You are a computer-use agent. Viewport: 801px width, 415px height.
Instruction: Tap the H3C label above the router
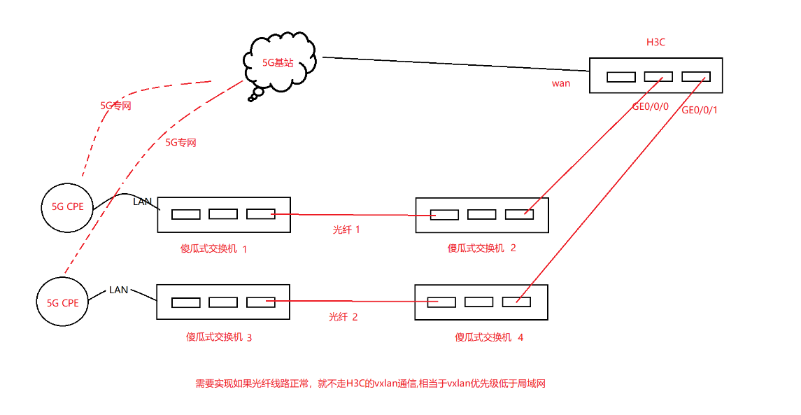[x=655, y=42]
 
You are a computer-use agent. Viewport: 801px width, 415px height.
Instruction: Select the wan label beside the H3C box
[x=561, y=83]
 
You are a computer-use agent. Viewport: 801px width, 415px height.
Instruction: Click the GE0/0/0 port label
[x=651, y=107]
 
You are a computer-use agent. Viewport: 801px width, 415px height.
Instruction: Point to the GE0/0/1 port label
[x=700, y=110]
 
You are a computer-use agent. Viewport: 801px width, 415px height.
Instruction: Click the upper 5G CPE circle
[x=66, y=206]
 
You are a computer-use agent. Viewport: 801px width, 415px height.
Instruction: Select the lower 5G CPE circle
[x=63, y=302]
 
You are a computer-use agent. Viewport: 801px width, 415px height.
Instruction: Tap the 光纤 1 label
[x=346, y=229]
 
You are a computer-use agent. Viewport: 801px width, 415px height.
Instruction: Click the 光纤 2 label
[x=343, y=316]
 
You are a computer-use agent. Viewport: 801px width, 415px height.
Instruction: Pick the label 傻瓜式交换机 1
[x=214, y=248]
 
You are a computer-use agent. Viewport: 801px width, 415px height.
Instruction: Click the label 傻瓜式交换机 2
[x=482, y=248]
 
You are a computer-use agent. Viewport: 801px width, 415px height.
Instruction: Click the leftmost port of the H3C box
[x=621, y=77]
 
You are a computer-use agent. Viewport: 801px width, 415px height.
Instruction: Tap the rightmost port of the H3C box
[x=696, y=76]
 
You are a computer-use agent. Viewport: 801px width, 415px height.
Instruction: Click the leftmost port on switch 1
[x=186, y=214]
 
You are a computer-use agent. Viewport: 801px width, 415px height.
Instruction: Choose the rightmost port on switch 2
[x=520, y=214]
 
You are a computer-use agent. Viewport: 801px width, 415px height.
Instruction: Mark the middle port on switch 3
[x=223, y=302]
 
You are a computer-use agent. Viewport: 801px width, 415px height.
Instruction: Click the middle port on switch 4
[x=479, y=302]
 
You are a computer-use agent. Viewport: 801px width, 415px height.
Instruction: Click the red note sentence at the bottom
[x=370, y=384]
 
